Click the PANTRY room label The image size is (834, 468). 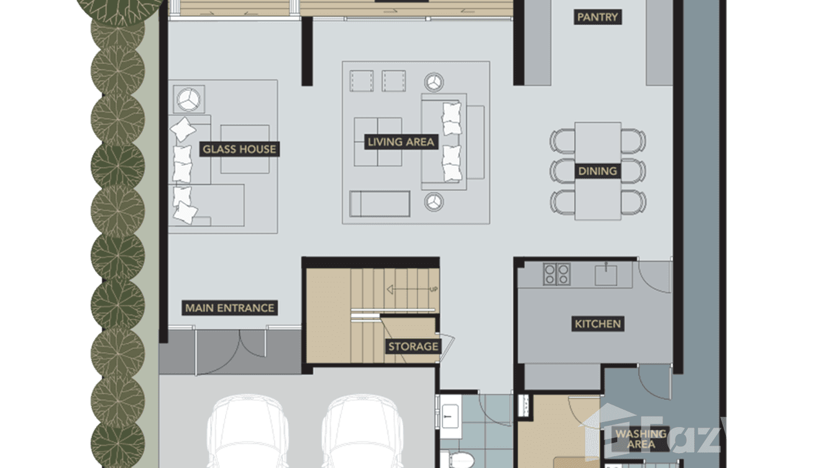(597, 17)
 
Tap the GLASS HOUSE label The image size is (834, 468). (239, 150)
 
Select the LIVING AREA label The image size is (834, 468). (400, 142)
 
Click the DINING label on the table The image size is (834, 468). (597, 171)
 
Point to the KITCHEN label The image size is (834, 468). (597, 323)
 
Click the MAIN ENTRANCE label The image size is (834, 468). (229, 308)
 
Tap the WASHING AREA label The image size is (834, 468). (641, 439)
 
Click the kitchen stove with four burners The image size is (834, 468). (557, 274)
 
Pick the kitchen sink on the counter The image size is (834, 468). (605, 274)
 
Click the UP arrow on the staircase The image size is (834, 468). (410, 289)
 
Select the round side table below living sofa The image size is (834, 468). (433, 201)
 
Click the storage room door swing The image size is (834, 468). (448, 344)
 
